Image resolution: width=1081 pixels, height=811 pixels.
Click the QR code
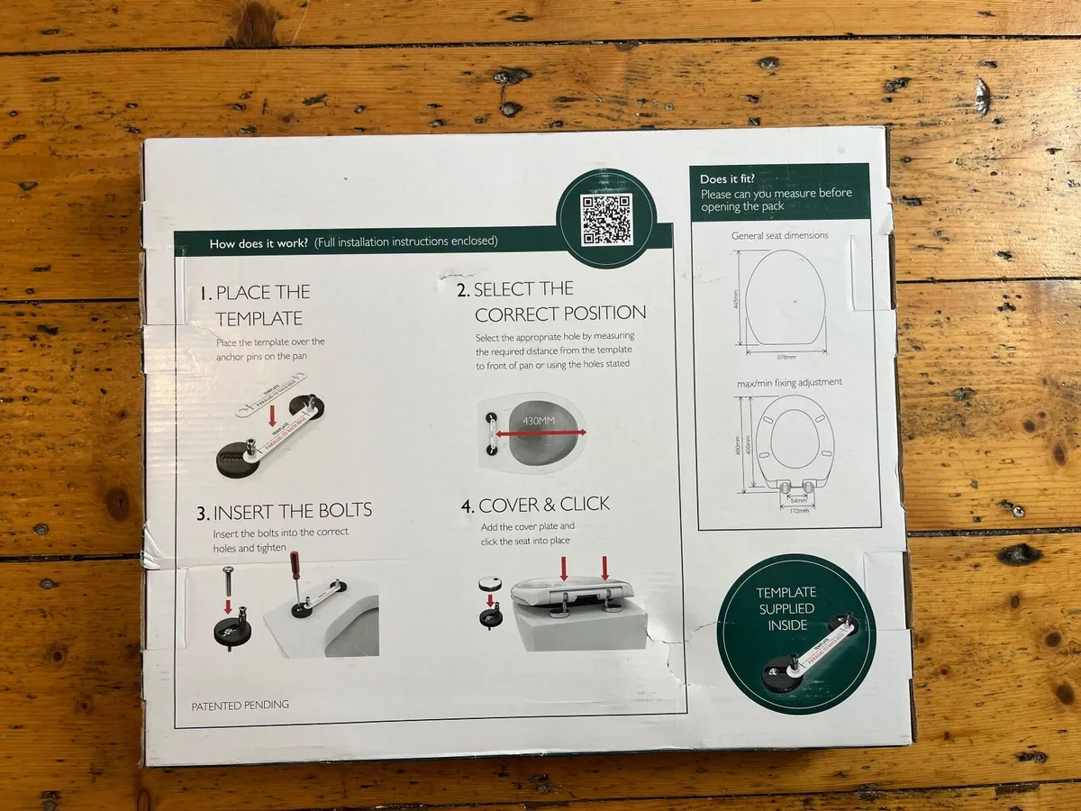click(605, 220)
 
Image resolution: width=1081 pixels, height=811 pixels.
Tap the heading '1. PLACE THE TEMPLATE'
click(254, 305)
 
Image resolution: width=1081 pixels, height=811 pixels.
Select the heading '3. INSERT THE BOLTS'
click(285, 511)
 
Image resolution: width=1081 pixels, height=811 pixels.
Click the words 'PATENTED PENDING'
click(241, 705)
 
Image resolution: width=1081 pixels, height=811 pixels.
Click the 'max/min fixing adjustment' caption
click(789, 382)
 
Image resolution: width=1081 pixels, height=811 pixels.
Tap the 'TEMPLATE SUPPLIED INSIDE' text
click(786, 607)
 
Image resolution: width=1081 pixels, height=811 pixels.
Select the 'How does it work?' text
click(259, 242)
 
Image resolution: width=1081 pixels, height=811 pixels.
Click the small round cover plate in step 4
click(491, 583)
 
